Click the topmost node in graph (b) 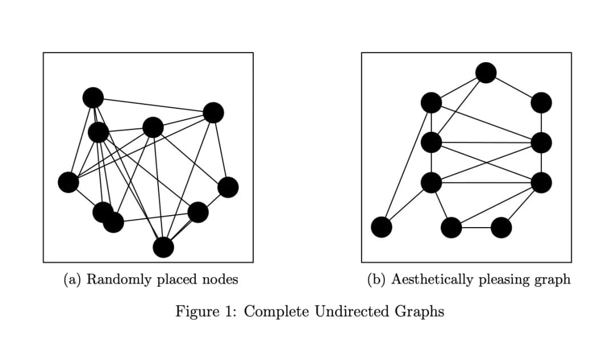(485, 72)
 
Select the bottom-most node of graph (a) (163, 247)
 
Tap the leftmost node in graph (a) (68, 182)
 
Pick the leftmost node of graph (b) (382, 227)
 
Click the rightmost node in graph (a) (228, 187)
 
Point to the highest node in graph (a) (93, 98)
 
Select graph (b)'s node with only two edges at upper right (541, 103)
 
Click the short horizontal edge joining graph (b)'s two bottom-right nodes (476, 228)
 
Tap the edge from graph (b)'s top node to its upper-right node (513, 87)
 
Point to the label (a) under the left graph (73, 280)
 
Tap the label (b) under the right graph (378, 280)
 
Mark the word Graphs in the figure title (419, 312)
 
